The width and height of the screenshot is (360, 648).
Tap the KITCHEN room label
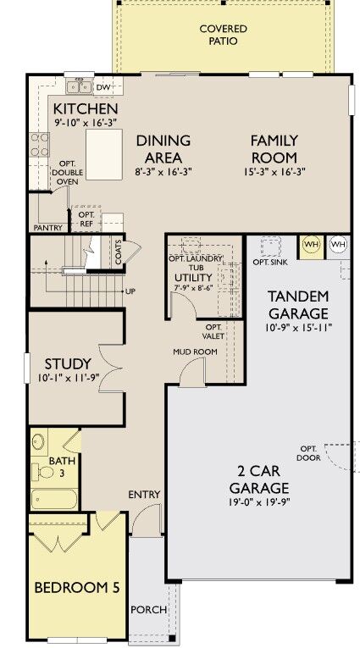point(86,110)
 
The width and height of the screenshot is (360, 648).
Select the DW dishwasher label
point(103,87)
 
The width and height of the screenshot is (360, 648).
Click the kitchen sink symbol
point(80,86)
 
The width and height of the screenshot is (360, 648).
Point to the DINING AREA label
point(163,148)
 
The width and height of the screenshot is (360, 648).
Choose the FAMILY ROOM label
point(274,148)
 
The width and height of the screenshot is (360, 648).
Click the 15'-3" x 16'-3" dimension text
point(274,171)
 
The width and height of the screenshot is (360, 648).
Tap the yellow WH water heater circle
point(311,244)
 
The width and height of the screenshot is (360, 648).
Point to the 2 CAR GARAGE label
point(259,479)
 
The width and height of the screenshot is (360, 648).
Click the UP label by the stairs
point(130,291)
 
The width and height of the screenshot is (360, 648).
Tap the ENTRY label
point(144,494)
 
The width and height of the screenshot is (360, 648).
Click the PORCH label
point(148,609)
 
